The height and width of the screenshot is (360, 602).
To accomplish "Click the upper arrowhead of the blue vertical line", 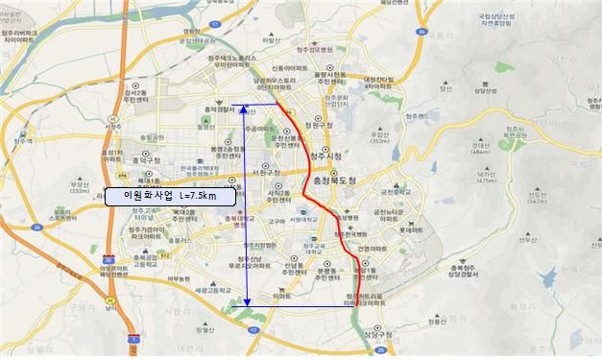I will (248, 101).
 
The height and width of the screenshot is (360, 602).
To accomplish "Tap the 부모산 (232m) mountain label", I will (81, 189).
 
